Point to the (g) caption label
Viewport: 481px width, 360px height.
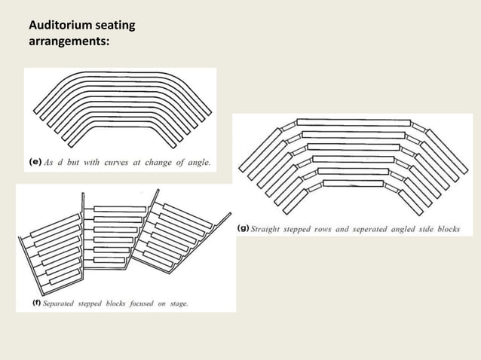point(244,227)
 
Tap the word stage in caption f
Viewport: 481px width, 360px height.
point(177,304)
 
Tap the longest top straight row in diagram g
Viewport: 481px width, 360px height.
point(353,122)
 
